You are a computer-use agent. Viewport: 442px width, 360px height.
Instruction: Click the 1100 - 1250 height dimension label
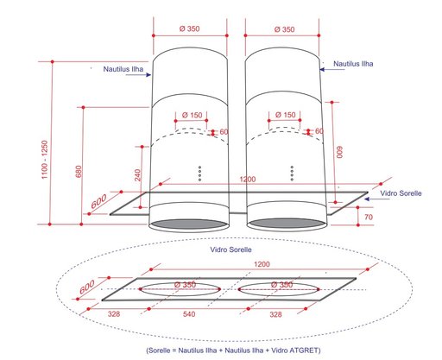pyautogui.click(x=45, y=160)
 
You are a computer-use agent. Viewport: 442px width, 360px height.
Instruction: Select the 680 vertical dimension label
pyautogui.click(x=79, y=172)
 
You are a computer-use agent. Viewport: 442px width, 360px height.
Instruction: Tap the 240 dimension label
pyautogui.click(x=138, y=175)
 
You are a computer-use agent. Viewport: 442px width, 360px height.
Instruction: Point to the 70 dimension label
pyautogui.click(x=369, y=217)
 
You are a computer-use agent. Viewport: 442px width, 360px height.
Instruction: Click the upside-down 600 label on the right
pyautogui.click(x=340, y=152)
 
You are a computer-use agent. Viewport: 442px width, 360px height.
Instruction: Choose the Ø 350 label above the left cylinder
pyautogui.click(x=189, y=28)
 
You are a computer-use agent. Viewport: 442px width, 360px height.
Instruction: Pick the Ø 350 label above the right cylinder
pyautogui.click(x=284, y=29)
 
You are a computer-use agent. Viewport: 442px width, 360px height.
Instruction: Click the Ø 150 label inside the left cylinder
pyautogui.click(x=193, y=115)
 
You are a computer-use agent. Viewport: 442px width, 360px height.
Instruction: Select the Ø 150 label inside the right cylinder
pyautogui.click(x=286, y=115)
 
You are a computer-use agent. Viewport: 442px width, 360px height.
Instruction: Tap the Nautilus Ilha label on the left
pyautogui.click(x=123, y=69)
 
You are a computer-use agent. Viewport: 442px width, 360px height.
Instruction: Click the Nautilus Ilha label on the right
pyautogui.click(x=353, y=64)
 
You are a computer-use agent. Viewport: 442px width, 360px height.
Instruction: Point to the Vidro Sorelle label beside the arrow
pyautogui.click(x=401, y=193)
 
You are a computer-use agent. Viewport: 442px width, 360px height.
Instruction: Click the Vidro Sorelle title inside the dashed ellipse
pyautogui.click(x=230, y=249)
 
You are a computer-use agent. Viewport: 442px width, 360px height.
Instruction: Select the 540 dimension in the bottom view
pyautogui.click(x=189, y=314)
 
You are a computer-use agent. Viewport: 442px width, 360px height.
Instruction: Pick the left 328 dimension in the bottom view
pyautogui.click(x=114, y=314)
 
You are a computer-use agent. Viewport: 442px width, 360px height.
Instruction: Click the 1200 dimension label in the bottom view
pyautogui.click(x=262, y=264)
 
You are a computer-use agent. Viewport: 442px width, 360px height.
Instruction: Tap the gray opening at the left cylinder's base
pyautogui.click(x=189, y=224)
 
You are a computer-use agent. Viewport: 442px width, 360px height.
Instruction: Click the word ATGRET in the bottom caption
pyautogui.click(x=304, y=351)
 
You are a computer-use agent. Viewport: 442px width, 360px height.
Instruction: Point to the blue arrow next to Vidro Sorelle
pyautogui.click(x=373, y=199)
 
